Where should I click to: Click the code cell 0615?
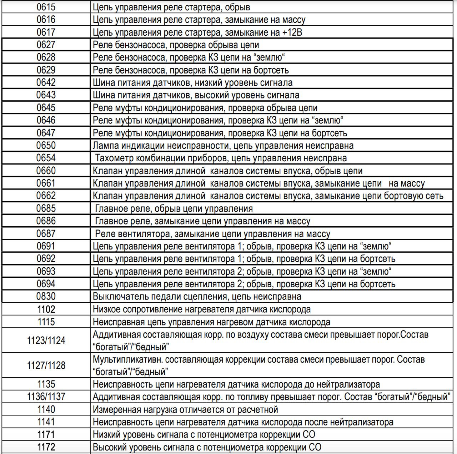[x=46, y=7]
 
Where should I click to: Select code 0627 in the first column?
[x=46, y=45]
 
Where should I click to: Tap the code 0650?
[x=46, y=146]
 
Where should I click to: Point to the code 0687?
[x=46, y=234]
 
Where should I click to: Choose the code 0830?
[x=46, y=297]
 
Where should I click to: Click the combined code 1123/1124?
[x=46, y=340]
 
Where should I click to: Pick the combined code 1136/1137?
[x=46, y=397]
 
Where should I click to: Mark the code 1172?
[x=46, y=447]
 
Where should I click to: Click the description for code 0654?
[x=221, y=158]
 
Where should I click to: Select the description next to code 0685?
[x=174, y=208]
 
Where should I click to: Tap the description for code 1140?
[x=185, y=409]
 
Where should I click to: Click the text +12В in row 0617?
[x=292, y=32]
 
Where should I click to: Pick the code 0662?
[x=46, y=196]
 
